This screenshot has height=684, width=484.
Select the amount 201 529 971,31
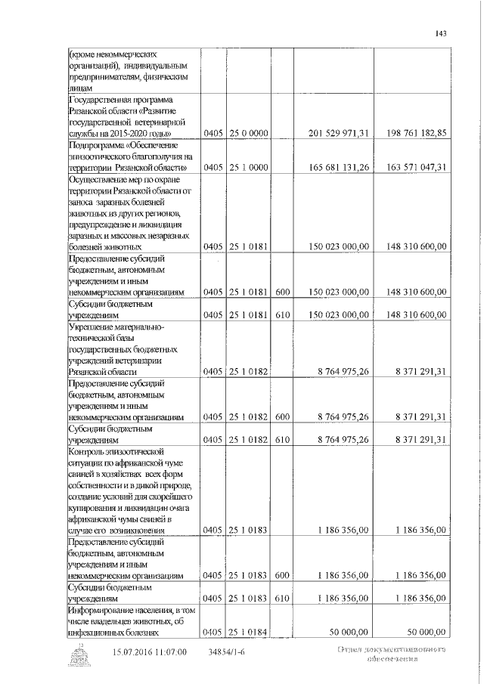pos(340,133)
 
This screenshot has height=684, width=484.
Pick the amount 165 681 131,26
pos(340,167)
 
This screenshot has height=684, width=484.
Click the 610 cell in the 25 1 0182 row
pos(283,438)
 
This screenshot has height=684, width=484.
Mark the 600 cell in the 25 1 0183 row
pos(283,575)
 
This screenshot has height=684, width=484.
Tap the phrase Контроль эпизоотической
pos(115,450)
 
